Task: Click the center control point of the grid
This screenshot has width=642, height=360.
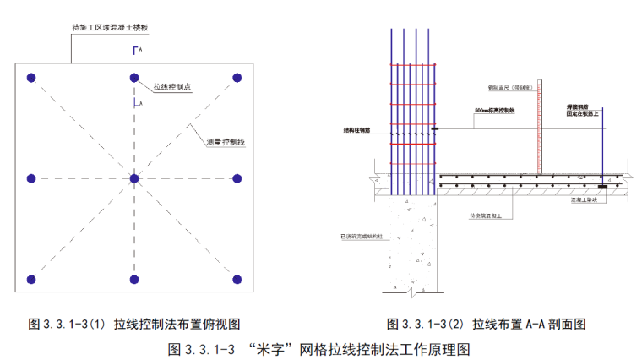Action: tap(133, 178)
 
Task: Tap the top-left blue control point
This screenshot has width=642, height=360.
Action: tap(31, 78)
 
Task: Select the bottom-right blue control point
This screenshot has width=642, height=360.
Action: tap(237, 279)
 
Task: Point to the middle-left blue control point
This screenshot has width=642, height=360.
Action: tap(31, 178)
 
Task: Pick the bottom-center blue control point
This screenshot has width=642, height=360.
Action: tap(133, 279)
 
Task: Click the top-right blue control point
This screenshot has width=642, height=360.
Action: tap(237, 78)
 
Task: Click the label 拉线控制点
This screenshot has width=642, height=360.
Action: tap(171, 87)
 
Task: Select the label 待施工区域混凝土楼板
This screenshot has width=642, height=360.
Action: tap(110, 28)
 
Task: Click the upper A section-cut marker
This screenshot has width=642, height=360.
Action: tap(135, 52)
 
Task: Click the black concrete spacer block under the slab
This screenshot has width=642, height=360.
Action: tap(601, 187)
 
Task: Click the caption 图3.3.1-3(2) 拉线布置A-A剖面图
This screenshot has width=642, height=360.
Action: tap(486, 324)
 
